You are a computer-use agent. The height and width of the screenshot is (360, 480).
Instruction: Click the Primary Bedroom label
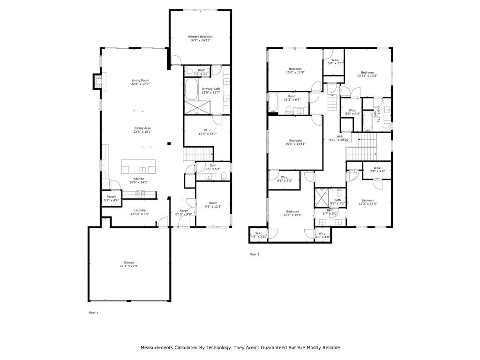[200, 38]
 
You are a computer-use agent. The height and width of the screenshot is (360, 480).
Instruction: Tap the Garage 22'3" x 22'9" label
[129, 264]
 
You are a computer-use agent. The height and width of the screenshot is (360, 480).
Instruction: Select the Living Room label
[140, 82]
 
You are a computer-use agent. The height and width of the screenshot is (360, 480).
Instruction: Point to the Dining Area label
[143, 130]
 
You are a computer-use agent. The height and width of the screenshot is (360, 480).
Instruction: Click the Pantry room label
[111, 198]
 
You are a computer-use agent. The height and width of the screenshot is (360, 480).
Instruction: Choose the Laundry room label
[140, 212]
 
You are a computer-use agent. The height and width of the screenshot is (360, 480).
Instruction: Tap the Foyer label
[183, 212]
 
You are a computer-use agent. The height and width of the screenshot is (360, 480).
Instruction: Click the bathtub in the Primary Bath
[191, 90]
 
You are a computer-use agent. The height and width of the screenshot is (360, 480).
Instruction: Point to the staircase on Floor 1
[198, 153]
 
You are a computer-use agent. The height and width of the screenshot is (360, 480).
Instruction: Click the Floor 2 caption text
[254, 255]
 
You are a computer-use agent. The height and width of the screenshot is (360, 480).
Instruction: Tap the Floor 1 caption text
[94, 312]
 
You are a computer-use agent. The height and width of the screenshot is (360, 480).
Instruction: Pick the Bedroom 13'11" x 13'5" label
[367, 74]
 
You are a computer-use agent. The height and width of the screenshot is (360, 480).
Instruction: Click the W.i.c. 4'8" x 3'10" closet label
[258, 235]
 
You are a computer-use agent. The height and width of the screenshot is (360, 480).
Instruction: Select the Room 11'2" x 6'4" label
[292, 97]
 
